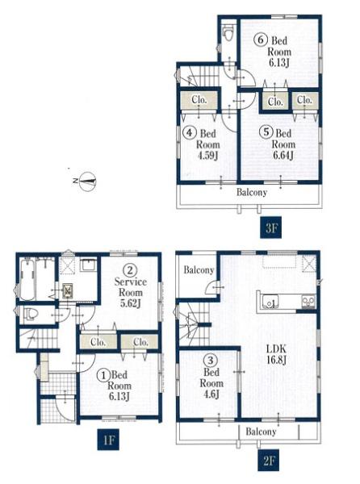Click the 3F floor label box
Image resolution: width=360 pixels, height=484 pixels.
(x=270, y=227)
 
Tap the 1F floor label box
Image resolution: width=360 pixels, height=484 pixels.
(x=108, y=440)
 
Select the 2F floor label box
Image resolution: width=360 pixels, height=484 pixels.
(x=269, y=461)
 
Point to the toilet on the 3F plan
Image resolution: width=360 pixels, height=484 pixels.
(x=228, y=33)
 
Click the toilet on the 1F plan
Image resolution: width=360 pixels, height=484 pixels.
(x=30, y=315)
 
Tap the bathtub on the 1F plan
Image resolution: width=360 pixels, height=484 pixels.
(x=27, y=279)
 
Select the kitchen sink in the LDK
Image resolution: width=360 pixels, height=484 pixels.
(x=270, y=302)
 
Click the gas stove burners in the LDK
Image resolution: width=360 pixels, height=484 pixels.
(x=308, y=301)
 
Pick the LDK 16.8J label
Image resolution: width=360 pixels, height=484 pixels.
(x=276, y=354)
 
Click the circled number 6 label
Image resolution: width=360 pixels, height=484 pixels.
(x=260, y=40)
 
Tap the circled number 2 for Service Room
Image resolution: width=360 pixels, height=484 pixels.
(x=130, y=270)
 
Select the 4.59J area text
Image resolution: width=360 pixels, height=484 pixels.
(x=207, y=155)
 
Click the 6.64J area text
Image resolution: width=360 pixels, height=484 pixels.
(x=283, y=155)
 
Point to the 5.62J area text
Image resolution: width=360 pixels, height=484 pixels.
(x=130, y=304)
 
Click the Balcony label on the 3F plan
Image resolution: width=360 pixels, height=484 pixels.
(x=252, y=192)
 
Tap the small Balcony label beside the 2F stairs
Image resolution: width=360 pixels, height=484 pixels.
(x=199, y=270)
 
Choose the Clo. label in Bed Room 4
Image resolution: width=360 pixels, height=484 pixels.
(x=199, y=100)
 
